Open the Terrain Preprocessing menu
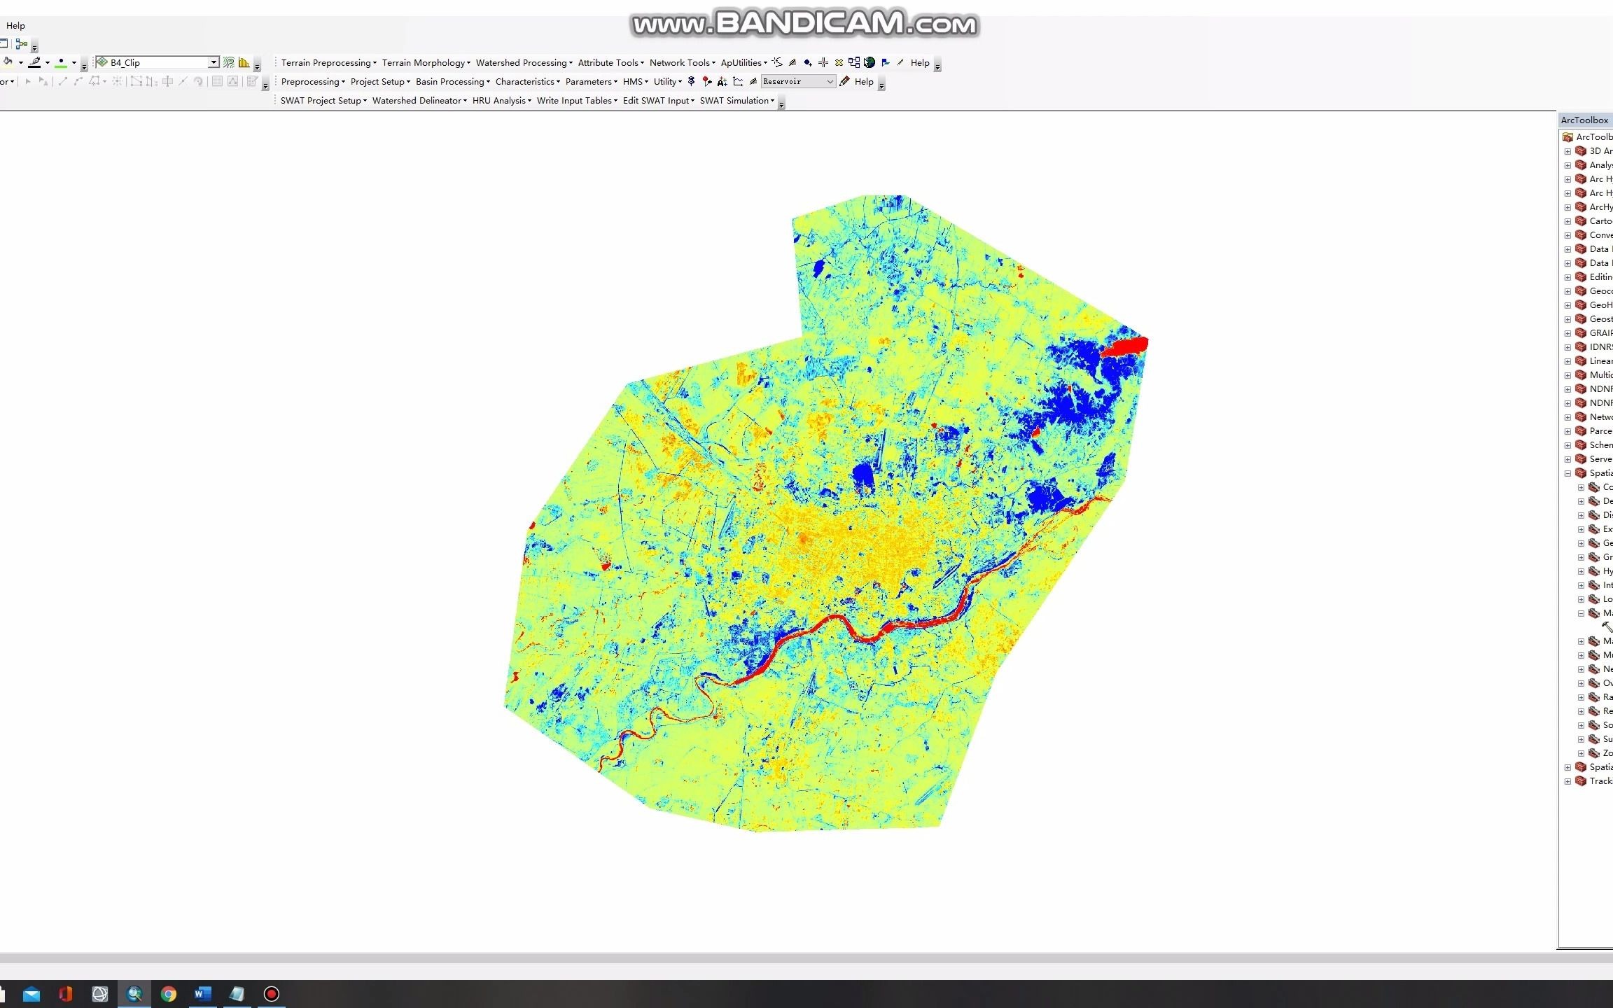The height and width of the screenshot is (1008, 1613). click(328, 63)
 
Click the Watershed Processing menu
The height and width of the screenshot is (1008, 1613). click(524, 63)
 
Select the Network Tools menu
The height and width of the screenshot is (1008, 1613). click(682, 63)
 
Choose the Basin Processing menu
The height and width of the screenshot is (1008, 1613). click(452, 82)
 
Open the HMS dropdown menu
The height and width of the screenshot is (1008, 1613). click(635, 82)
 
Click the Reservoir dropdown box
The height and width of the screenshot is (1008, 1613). click(798, 82)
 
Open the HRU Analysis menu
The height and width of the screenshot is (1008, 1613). click(501, 101)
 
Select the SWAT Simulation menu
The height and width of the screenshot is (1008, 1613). click(736, 101)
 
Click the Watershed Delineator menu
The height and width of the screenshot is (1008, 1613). click(419, 101)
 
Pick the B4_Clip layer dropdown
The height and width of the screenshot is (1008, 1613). click(158, 63)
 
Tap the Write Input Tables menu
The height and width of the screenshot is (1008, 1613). click(576, 101)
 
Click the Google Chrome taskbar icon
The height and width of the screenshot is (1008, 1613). click(168, 994)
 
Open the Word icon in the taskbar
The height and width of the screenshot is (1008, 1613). click(202, 994)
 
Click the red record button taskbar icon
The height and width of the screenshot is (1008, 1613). click(272, 994)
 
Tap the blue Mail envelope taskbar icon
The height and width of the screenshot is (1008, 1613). click(32, 994)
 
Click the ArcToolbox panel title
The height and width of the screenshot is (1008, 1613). click(1585, 120)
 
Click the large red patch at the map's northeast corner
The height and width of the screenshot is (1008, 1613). click(1124, 346)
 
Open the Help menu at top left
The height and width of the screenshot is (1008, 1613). click(15, 26)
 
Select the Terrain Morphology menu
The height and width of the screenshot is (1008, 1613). click(426, 63)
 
